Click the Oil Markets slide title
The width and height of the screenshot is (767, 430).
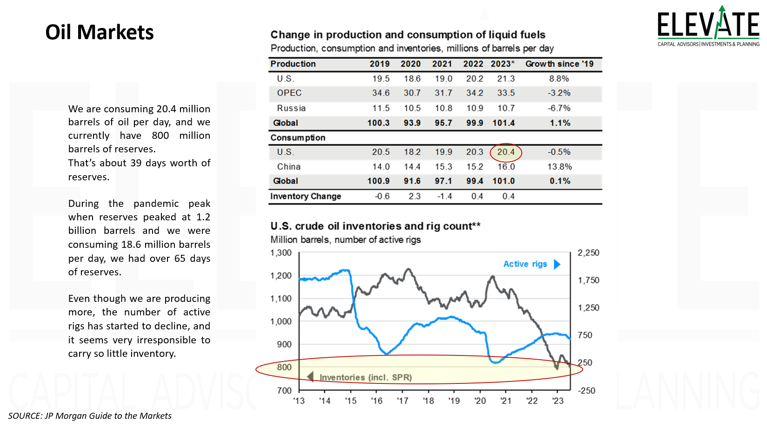(x=100, y=33)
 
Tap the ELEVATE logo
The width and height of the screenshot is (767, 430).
(x=708, y=26)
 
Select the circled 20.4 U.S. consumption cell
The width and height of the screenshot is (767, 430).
(x=506, y=152)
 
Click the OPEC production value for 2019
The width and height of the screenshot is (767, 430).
(x=380, y=93)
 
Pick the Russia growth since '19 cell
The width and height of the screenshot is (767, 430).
(x=559, y=108)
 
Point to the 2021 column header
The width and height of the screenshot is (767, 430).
(x=442, y=64)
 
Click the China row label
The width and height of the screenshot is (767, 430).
(x=289, y=167)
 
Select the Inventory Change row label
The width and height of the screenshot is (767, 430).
(x=306, y=197)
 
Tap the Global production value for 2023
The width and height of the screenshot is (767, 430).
(x=503, y=123)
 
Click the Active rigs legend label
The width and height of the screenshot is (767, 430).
(x=525, y=264)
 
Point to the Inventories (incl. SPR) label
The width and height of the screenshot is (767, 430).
(x=366, y=377)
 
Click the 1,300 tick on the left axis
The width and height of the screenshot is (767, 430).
(x=281, y=253)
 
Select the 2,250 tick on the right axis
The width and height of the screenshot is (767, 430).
(x=588, y=253)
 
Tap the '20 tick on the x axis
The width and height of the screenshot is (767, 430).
(x=480, y=401)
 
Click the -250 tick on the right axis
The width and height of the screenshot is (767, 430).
(x=587, y=391)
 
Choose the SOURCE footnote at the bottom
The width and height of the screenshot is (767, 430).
(x=90, y=416)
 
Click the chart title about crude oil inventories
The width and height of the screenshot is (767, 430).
(x=375, y=226)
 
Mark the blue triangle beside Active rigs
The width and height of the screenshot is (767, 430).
(x=557, y=265)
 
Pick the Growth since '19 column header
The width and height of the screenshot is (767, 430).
(x=559, y=64)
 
